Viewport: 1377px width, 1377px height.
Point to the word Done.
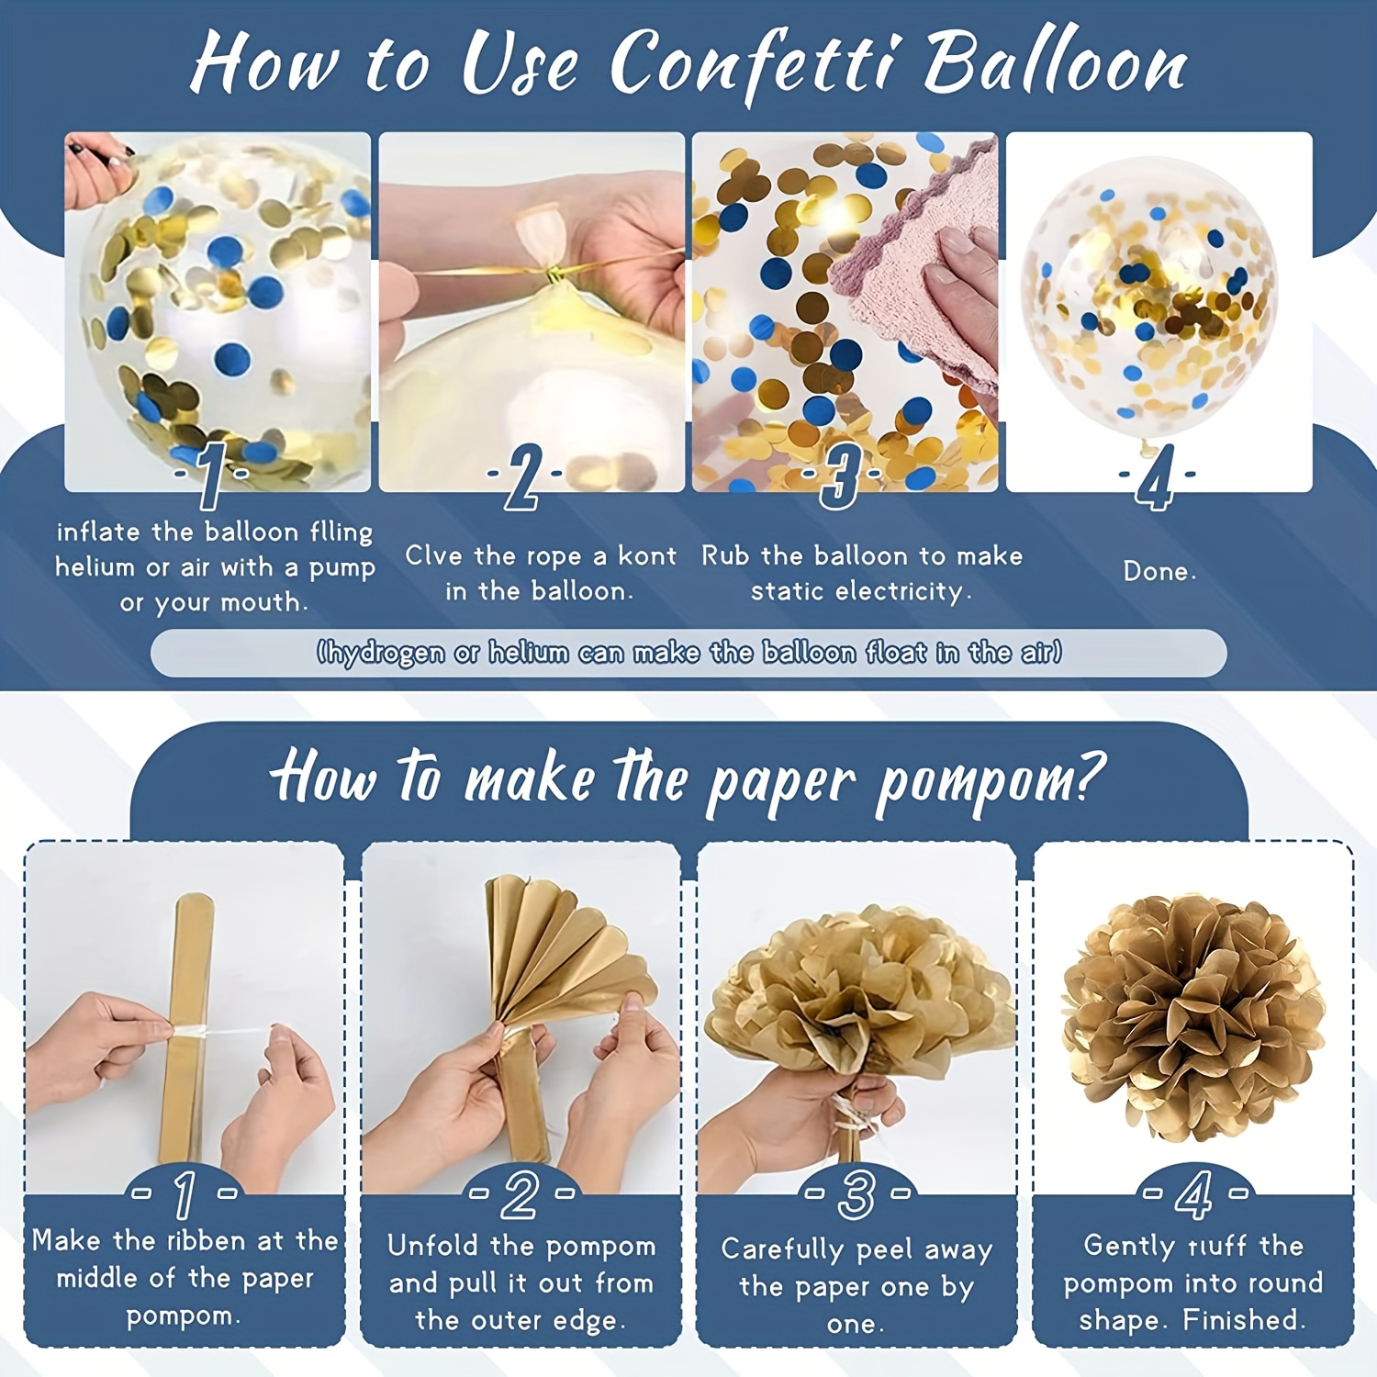[x=1159, y=571]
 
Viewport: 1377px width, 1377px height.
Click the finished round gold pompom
[x=1193, y=1019]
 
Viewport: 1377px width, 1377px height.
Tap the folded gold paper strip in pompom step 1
[x=188, y=1028]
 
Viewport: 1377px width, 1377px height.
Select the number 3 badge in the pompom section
[x=856, y=1194]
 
